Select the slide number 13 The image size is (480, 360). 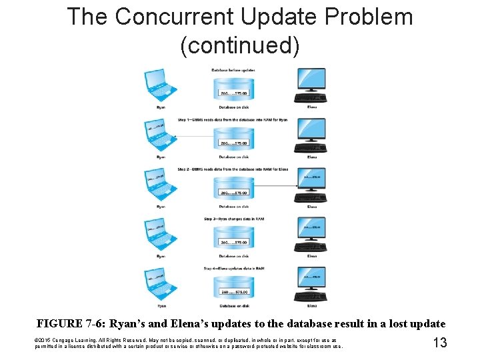pos(440,343)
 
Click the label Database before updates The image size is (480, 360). pos(233,70)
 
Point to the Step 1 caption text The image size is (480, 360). pos(233,120)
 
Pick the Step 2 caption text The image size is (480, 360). pos(233,169)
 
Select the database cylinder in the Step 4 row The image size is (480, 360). pos(233,287)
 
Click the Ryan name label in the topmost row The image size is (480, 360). pos(161,107)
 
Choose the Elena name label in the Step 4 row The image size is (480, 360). pos(311,306)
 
